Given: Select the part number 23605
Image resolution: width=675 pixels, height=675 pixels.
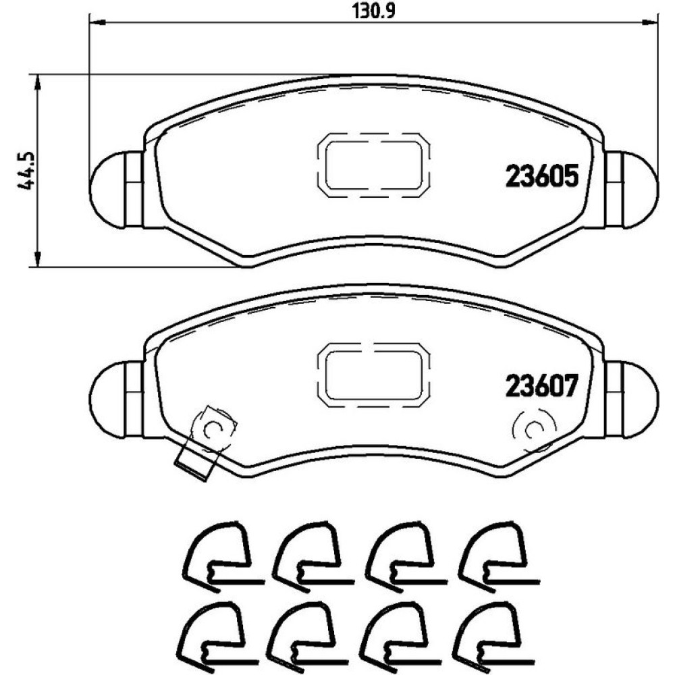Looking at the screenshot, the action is (541, 176).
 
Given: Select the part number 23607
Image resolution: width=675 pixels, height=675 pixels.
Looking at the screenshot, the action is (541, 386).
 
